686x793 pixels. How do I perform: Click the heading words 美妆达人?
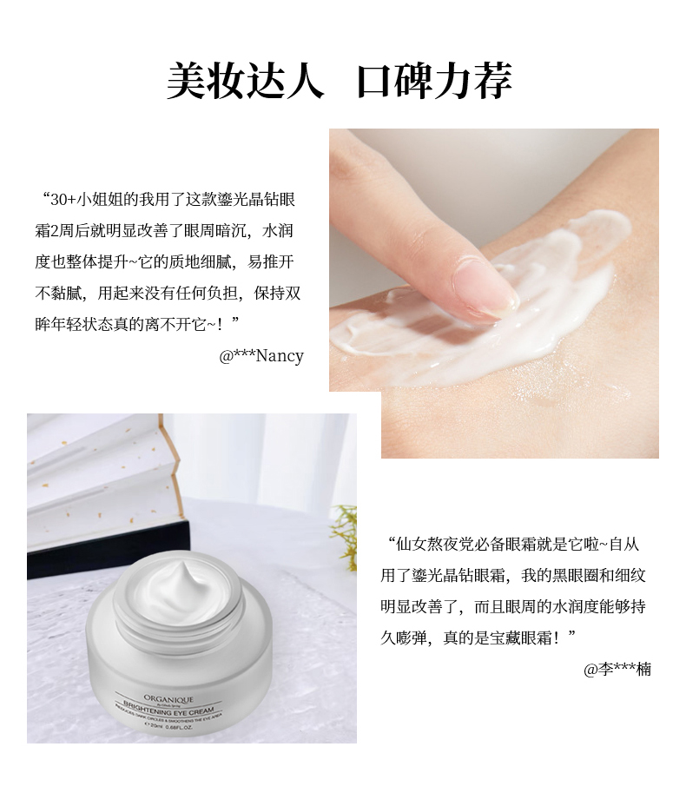[245, 81]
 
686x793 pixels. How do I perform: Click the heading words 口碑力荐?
[435, 81]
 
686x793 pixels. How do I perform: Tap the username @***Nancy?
[261, 355]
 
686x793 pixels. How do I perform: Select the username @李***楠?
[617, 669]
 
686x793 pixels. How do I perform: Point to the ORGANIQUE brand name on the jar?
[168, 699]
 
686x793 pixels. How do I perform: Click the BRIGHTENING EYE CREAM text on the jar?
[168, 708]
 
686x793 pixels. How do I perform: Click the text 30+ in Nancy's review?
[63, 200]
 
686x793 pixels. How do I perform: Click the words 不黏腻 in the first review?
[58, 294]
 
